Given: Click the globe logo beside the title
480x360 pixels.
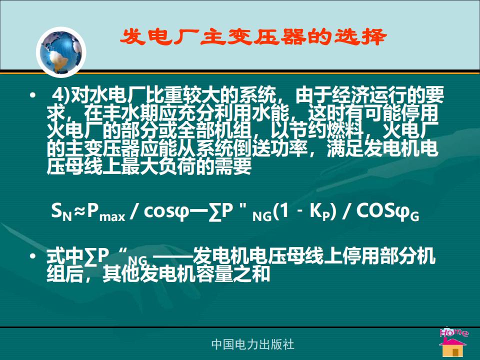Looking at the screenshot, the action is point(61,51).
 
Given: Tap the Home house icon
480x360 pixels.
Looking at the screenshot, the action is point(453,342).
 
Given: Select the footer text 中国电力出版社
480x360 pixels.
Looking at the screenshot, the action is point(253,344).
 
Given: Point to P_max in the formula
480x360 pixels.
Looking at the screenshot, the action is point(106,212).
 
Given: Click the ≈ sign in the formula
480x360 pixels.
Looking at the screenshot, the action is point(79,211).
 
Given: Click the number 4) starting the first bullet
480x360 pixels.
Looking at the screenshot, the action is point(61,95).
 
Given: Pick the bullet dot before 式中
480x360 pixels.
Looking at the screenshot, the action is point(33,256).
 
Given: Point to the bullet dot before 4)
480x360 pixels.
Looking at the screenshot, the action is point(33,95).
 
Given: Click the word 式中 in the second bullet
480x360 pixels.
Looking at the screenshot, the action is point(65,256).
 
